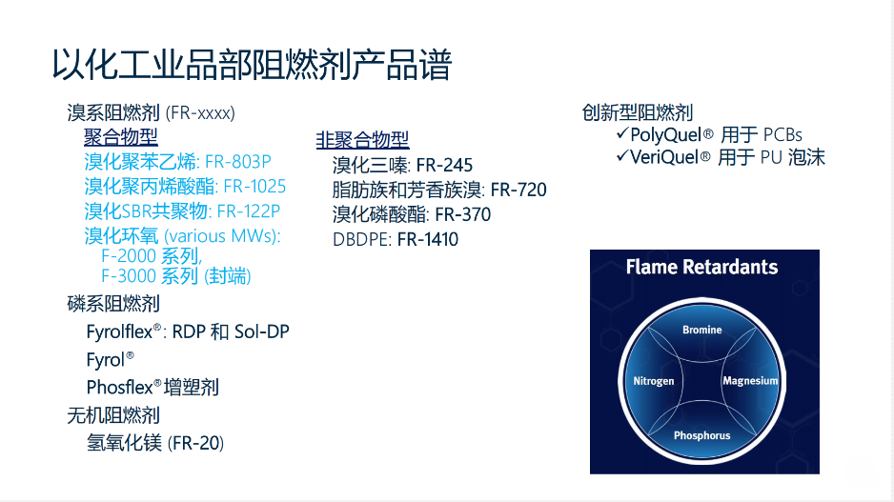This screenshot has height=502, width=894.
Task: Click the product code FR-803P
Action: click(237, 162)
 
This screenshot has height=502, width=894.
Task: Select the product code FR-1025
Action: click(254, 187)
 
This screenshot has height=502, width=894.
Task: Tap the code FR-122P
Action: click(249, 211)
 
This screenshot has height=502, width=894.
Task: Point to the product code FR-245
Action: click(444, 165)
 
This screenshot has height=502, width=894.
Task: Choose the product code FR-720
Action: click(518, 190)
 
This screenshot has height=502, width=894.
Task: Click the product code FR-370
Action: click(462, 215)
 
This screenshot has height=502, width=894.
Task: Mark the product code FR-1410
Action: click(428, 239)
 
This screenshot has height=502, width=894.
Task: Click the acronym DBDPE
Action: click(361, 239)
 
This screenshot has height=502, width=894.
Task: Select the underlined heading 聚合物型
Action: click(121, 137)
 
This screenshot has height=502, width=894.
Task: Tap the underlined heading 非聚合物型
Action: click(362, 140)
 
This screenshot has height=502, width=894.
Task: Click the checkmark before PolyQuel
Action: click(622, 133)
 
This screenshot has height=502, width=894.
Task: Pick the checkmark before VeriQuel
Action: click(622, 155)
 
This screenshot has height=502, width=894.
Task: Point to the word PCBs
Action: click(782, 135)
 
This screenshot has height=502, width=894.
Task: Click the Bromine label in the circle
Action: click(701, 330)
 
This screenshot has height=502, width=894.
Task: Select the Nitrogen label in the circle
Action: click(654, 381)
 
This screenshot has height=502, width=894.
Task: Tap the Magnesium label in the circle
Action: click(750, 381)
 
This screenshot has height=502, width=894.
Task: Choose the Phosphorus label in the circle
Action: click(701, 435)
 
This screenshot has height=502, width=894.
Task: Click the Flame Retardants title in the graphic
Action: click(701, 267)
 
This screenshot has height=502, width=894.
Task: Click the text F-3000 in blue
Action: click(129, 276)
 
